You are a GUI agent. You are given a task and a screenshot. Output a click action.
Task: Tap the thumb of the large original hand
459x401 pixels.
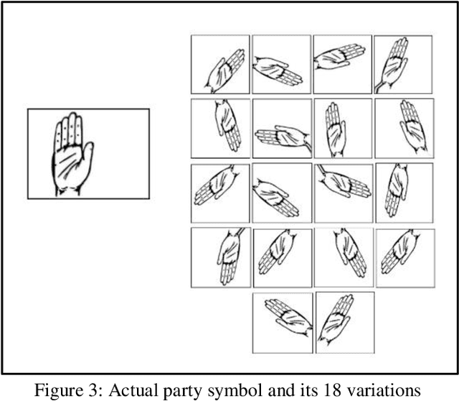coord(88,152)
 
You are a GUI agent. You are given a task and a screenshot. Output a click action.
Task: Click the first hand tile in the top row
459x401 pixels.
coord(220,65)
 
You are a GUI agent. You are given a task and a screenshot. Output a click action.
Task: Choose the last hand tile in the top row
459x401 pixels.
coord(403,65)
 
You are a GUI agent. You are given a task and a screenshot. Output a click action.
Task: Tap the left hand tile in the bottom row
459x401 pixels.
coord(282,323)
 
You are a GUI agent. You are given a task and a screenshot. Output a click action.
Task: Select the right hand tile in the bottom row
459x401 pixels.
coord(343,323)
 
